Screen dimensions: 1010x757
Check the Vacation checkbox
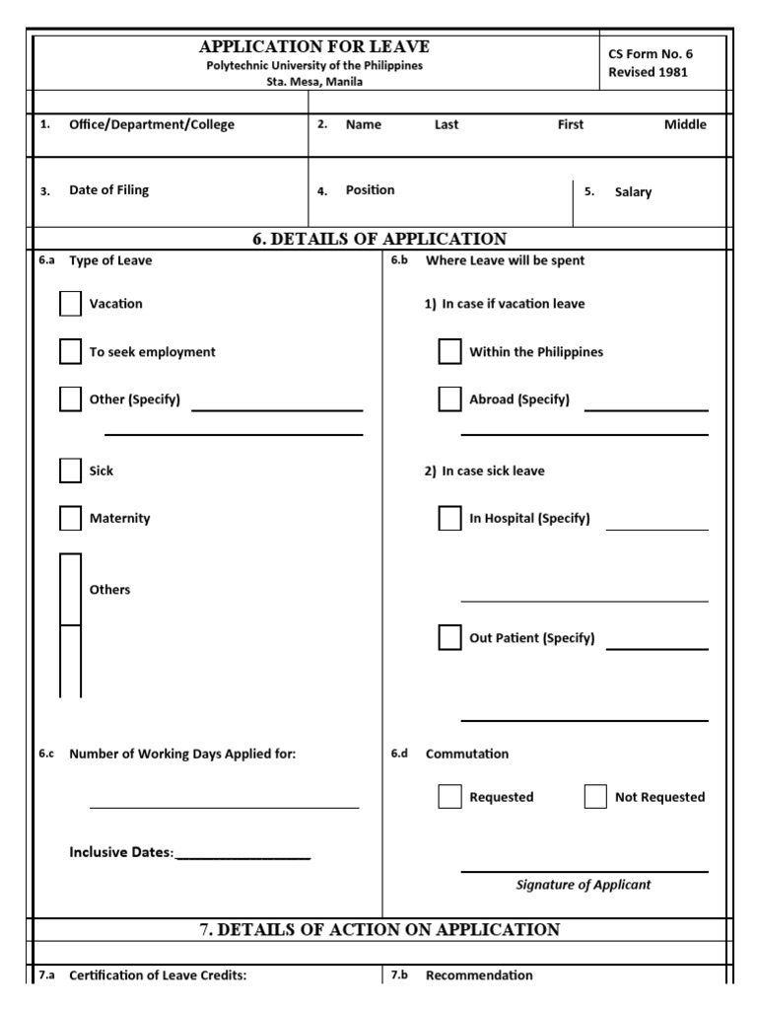70,304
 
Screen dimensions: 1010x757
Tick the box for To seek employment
70,352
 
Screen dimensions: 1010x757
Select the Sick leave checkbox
70,470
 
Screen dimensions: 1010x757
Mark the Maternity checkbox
70,518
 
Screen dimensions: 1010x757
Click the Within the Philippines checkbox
449,352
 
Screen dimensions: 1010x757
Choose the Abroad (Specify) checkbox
449,399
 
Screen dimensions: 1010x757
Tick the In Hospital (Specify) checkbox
449,518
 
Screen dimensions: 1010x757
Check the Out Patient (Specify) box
449,637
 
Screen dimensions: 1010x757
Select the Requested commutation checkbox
449,797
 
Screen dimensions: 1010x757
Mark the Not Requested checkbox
595,797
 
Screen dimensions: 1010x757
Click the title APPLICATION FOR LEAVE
314,47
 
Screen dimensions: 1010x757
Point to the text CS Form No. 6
651,54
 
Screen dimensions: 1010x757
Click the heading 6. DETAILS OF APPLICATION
379,239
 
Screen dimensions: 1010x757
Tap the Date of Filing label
108,190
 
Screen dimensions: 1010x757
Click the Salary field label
633,192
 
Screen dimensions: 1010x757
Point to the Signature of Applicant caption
584,885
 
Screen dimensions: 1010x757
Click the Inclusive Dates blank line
242,854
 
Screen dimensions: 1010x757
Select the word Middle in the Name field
685,124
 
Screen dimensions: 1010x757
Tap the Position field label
370,190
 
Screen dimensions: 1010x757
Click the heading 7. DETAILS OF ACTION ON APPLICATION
379,929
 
